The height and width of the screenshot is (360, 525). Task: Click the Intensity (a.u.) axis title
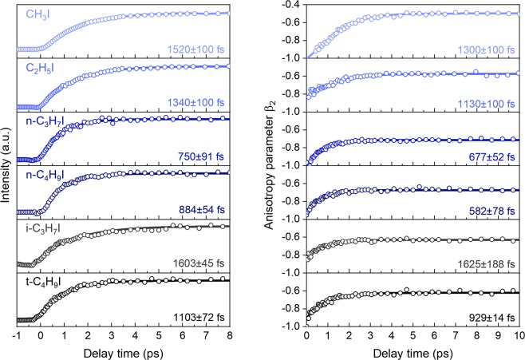click(9, 164)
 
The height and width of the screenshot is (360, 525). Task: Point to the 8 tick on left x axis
click(229, 335)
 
